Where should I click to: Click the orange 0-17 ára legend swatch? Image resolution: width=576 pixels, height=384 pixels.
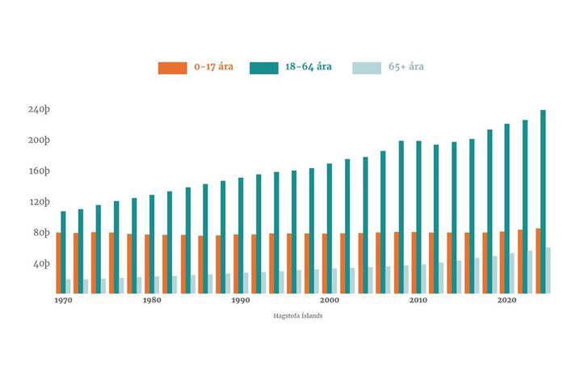[x=172, y=68]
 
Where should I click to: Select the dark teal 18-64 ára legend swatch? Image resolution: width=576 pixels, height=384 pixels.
[x=264, y=68]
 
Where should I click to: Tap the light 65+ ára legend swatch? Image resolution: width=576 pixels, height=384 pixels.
[x=366, y=68]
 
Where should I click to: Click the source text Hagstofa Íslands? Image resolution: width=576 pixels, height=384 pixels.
[x=300, y=315]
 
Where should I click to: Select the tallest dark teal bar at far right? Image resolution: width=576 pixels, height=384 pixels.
[x=543, y=202]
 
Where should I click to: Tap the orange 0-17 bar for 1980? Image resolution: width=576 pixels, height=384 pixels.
[x=147, y=264]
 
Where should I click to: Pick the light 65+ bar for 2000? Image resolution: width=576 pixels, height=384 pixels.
[x=334, y=281]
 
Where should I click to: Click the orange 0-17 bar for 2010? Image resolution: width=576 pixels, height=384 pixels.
[x=414, y=263]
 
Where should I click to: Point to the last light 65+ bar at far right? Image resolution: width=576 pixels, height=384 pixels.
[x=548, y=270]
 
